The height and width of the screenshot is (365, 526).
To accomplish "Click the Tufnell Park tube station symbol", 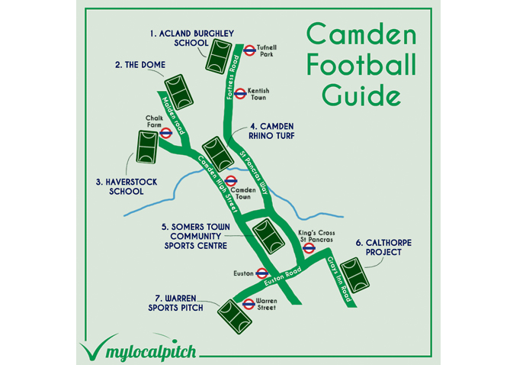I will point(249,50).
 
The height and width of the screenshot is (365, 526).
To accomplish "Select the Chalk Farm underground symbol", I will point(165,132).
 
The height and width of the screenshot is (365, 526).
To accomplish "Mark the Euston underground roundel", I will point(261,273).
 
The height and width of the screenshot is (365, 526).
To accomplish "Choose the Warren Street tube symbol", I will point(247,303).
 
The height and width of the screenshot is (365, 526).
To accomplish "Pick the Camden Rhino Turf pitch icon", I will point(216,153).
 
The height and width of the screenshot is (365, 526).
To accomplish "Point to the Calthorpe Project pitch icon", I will point(354,275).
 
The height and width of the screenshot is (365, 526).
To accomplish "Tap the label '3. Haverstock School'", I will point(120,186).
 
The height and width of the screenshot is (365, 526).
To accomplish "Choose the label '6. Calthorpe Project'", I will point(384,247).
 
